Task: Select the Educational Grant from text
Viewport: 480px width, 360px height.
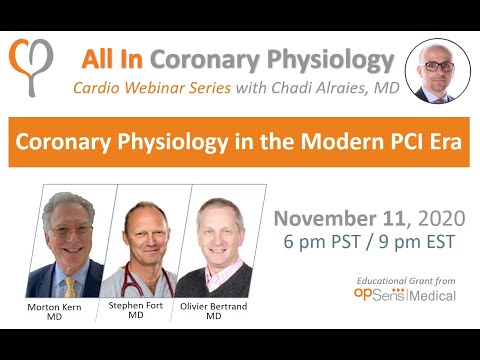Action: [x=410, y=280]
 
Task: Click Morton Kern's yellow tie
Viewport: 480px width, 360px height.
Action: [x=70, y=286]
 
